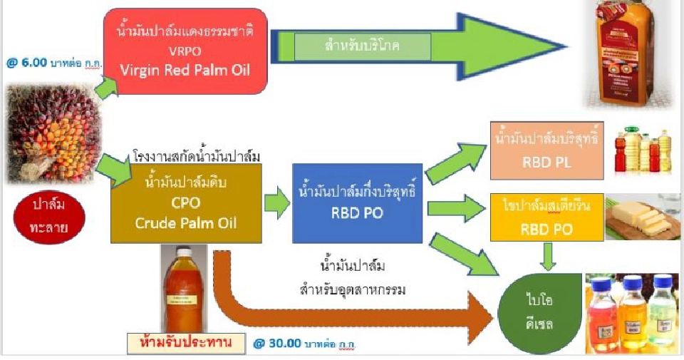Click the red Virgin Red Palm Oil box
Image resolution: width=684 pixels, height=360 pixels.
point(187,51)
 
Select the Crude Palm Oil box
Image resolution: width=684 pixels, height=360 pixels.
point(186,202)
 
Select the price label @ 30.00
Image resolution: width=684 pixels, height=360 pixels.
point(300,344)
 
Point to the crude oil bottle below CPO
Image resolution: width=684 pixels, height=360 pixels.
point(184,285)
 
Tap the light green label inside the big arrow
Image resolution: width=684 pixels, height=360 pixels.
point(363,46)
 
